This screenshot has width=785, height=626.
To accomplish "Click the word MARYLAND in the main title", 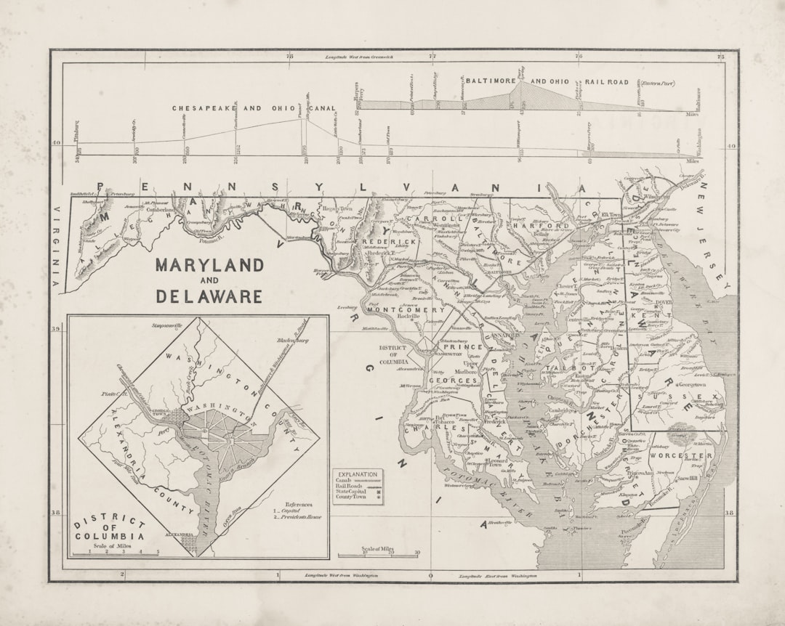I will coord(209,264).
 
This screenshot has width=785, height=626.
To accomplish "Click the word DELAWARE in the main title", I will coord(209,296).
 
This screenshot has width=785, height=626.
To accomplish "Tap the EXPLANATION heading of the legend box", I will coord(358,473).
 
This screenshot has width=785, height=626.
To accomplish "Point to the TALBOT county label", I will coord(578,369).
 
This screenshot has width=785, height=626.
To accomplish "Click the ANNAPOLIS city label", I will coord(501,336).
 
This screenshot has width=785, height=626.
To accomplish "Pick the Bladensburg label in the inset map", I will coord(292,339).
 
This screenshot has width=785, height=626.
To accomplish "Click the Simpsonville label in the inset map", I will coord(168,326).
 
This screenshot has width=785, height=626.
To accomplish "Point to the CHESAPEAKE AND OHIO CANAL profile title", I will coord(254,108).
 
